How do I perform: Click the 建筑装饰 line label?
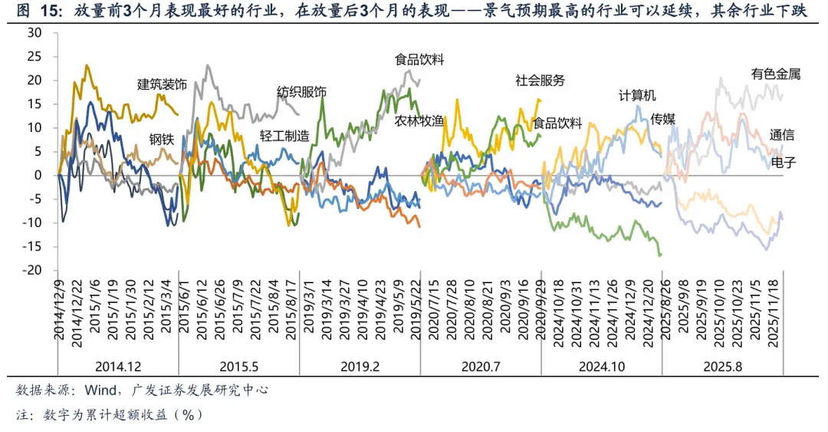point(162,85)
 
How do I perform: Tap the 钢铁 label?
point(161,140)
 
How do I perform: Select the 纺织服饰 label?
point(301,92)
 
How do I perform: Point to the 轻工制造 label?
point(284,136)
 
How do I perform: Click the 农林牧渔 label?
point(419,120)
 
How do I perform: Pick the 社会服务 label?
point(540,80)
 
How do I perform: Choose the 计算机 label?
point(638,96)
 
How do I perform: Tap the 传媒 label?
point(662,118)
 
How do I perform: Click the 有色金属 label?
point(776,74)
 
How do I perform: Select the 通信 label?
point(782,135)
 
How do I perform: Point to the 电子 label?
point(782,163)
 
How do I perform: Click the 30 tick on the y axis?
point(34,32)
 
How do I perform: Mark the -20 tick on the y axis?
point(33,270)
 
